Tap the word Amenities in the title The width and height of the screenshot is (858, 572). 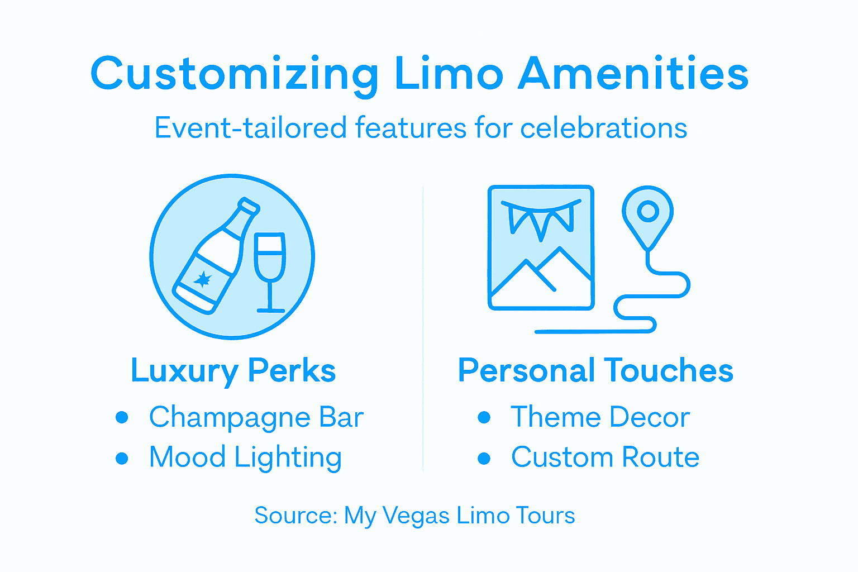[x=633, y=74]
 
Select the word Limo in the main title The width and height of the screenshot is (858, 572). [x=449, y=74]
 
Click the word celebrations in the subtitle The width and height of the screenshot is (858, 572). [x=603, y=128]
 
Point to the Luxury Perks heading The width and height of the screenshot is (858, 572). [x=233, y=371]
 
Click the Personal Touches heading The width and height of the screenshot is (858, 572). [x=595, y=371]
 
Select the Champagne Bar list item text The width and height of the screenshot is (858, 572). [x=256, y=418]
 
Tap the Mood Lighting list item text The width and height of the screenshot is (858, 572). [x=245, y=458]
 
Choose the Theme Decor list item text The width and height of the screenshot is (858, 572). [x=600, y=417]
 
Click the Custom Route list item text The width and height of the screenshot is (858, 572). [x=605, y=457]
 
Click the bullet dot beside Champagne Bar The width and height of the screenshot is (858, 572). [x=122, y=418]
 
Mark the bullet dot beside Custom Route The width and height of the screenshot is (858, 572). [x=484, y=459]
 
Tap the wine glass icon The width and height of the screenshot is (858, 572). [x=270, y=268]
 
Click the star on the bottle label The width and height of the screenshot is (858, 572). [x=202, y=279]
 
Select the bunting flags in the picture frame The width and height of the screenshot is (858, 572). [x=540, y=218]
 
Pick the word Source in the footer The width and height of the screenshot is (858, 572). [x=295, y=515]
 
